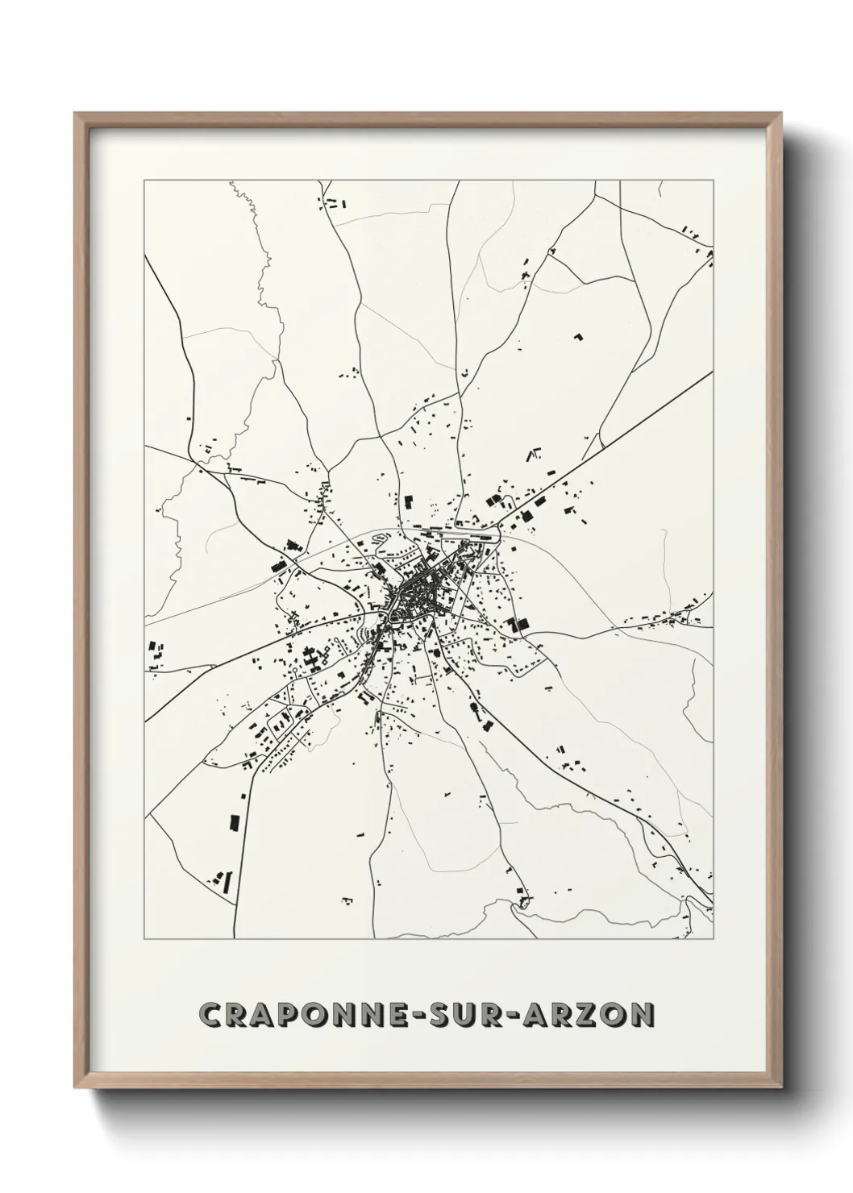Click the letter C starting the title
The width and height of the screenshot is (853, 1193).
tap(209, 1015)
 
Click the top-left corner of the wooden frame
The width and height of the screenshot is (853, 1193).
tap(76, 114)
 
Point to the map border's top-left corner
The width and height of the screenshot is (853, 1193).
tap(144, 181)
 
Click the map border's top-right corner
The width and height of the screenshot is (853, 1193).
tap(714, 181)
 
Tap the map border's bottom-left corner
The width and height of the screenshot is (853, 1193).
tap(144, 939)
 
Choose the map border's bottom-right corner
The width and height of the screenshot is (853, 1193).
tap(714, 939)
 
